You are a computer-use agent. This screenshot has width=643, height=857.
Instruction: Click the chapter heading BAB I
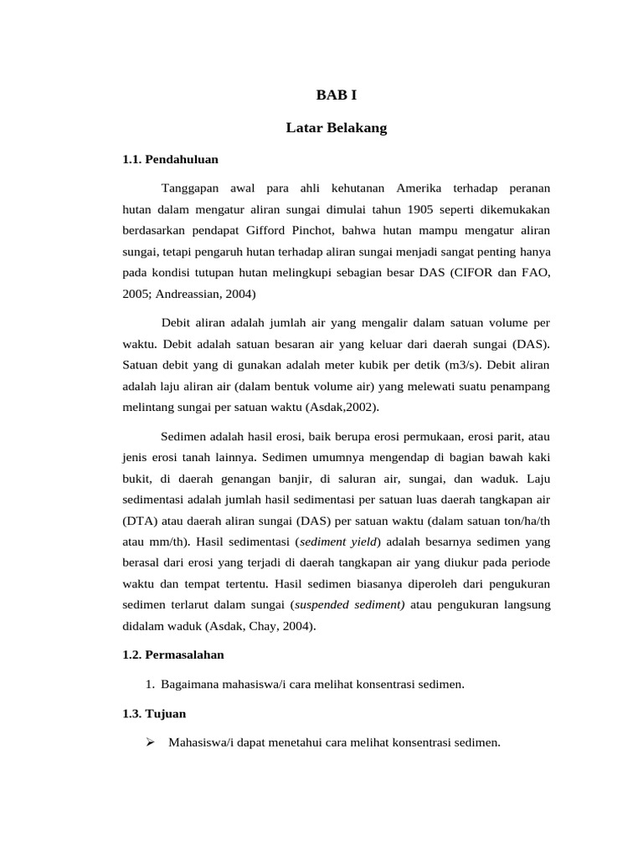point(336,95)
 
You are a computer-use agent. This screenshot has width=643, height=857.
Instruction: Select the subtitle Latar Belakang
point(336,128)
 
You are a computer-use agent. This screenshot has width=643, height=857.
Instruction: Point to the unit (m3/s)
point(453,365)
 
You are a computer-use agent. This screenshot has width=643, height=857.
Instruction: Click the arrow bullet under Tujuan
point(151,742)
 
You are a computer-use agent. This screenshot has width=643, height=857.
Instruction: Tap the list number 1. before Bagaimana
point(150,685)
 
